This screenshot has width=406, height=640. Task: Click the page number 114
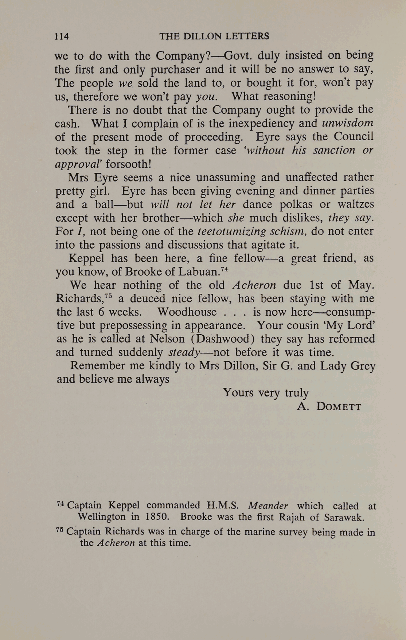62,36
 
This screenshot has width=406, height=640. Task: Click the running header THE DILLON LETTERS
214,36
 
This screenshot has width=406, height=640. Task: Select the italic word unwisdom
348,123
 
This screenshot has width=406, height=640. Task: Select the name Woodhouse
187,312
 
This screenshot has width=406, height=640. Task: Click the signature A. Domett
329,406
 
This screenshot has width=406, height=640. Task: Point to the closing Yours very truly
266,393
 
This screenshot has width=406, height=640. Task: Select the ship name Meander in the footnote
268,506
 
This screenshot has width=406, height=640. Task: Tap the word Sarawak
344,517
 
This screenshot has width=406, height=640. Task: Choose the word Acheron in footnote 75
117,543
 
